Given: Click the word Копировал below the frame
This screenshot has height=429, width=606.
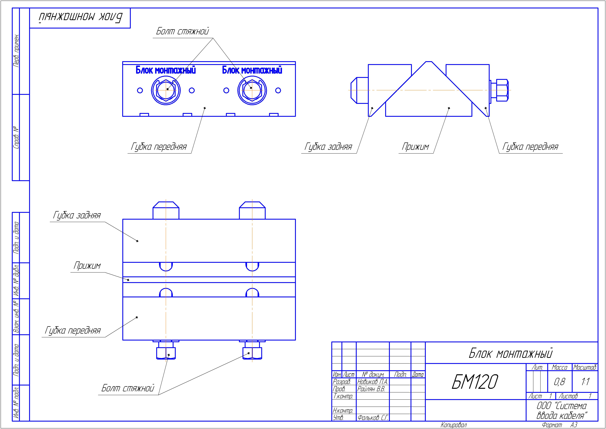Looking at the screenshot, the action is tap(454, 425).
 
